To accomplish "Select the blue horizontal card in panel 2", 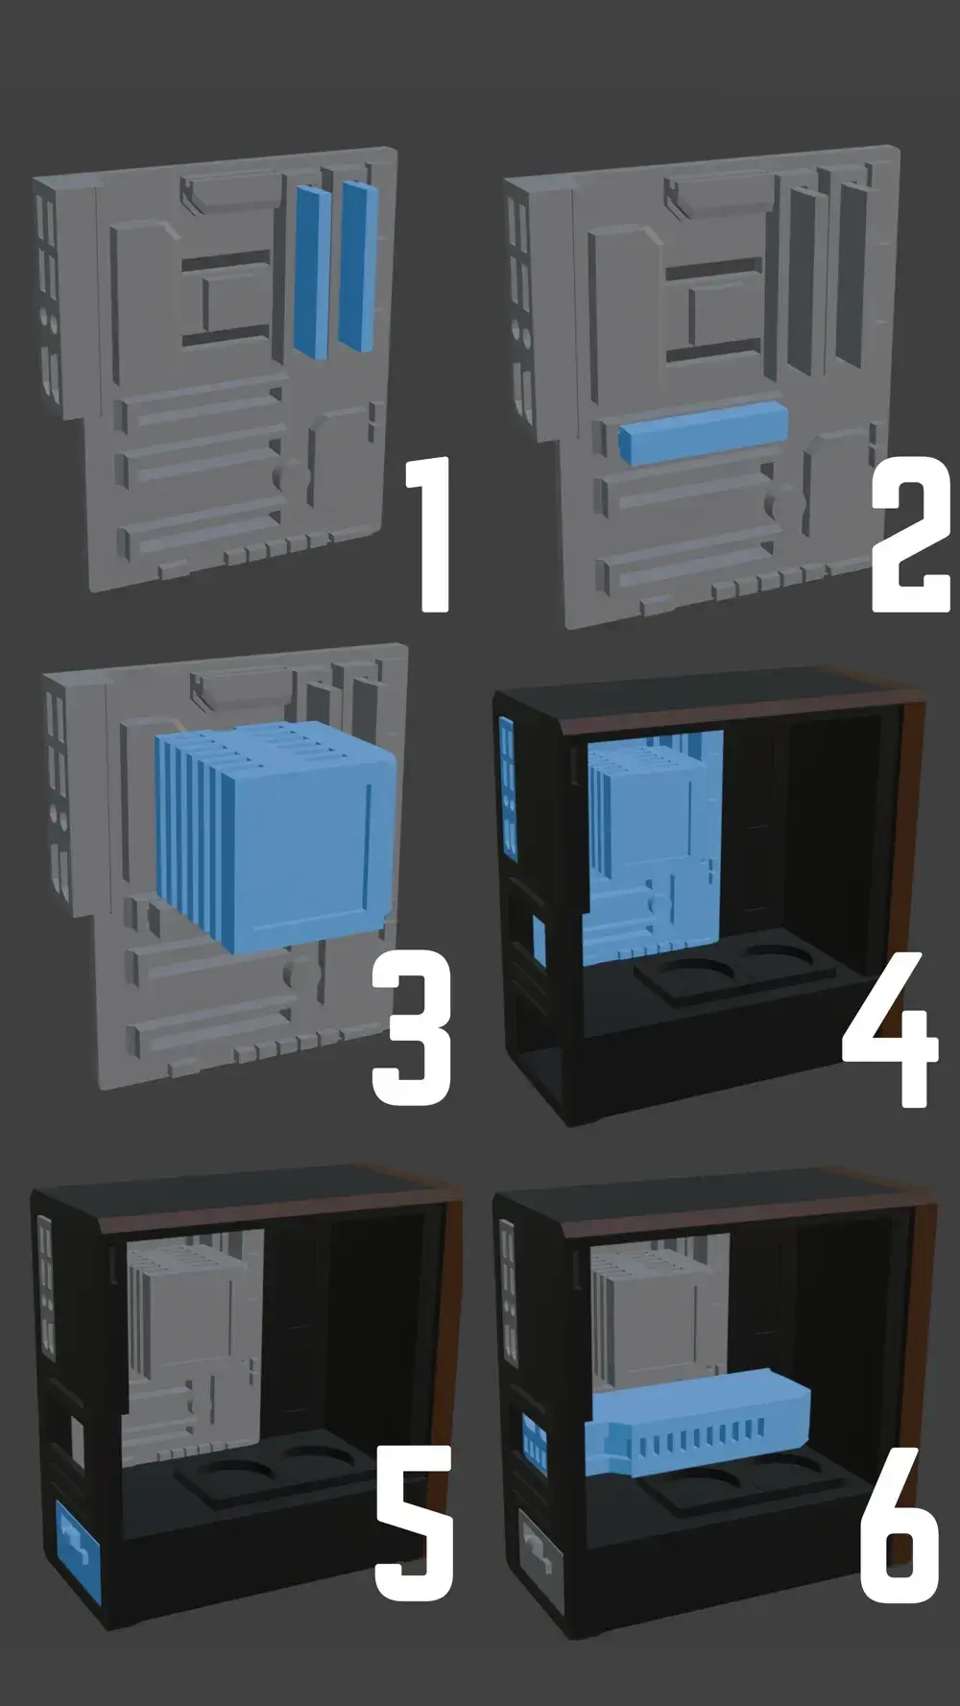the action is [x=704, y=432].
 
